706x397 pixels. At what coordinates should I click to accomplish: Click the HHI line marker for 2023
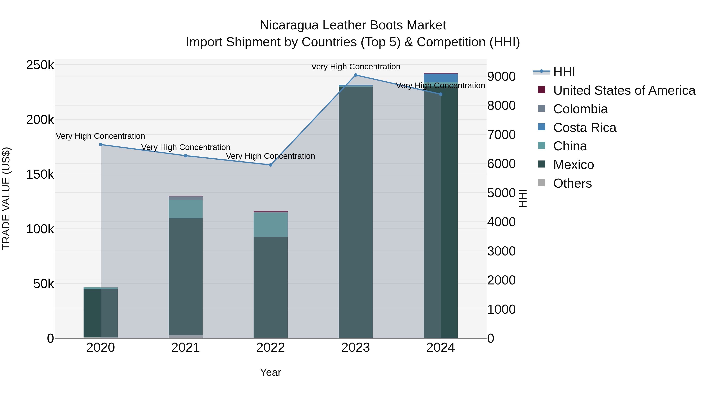[x=356, y=75]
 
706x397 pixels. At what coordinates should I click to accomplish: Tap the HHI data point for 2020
[x=101, y=145]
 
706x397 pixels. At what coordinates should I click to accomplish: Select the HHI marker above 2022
[x=270, y=165]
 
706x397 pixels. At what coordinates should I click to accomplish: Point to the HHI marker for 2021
[x=186, y=156]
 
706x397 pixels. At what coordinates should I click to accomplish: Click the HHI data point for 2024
[x=441, y=94]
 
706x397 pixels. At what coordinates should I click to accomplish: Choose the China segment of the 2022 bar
[x=270, y=225]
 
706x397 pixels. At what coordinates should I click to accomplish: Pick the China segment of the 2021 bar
[x=186, y=209]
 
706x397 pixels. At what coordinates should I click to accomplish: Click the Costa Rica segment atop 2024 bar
[x=441, y=78]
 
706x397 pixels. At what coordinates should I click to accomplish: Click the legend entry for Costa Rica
[x=585, y=128]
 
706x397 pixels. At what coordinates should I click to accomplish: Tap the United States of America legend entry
[x=624, y=90]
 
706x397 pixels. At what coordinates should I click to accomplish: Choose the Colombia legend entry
[x=580, y=109]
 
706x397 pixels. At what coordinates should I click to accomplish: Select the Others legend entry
[x=572, y=183]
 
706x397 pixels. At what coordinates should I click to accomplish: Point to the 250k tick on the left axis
[x=40, y=65]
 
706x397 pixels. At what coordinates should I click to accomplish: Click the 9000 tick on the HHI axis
[x=501, y=76]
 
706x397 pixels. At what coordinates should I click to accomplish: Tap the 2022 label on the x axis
[x=270, y=348]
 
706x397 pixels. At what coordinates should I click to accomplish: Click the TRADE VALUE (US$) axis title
[x=6, y=198]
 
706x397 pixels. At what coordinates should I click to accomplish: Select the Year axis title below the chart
[x=270, y=372]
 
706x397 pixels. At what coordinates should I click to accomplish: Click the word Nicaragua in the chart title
[x=289, y=25]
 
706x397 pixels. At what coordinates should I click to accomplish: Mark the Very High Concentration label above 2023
[x=356, y=67]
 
